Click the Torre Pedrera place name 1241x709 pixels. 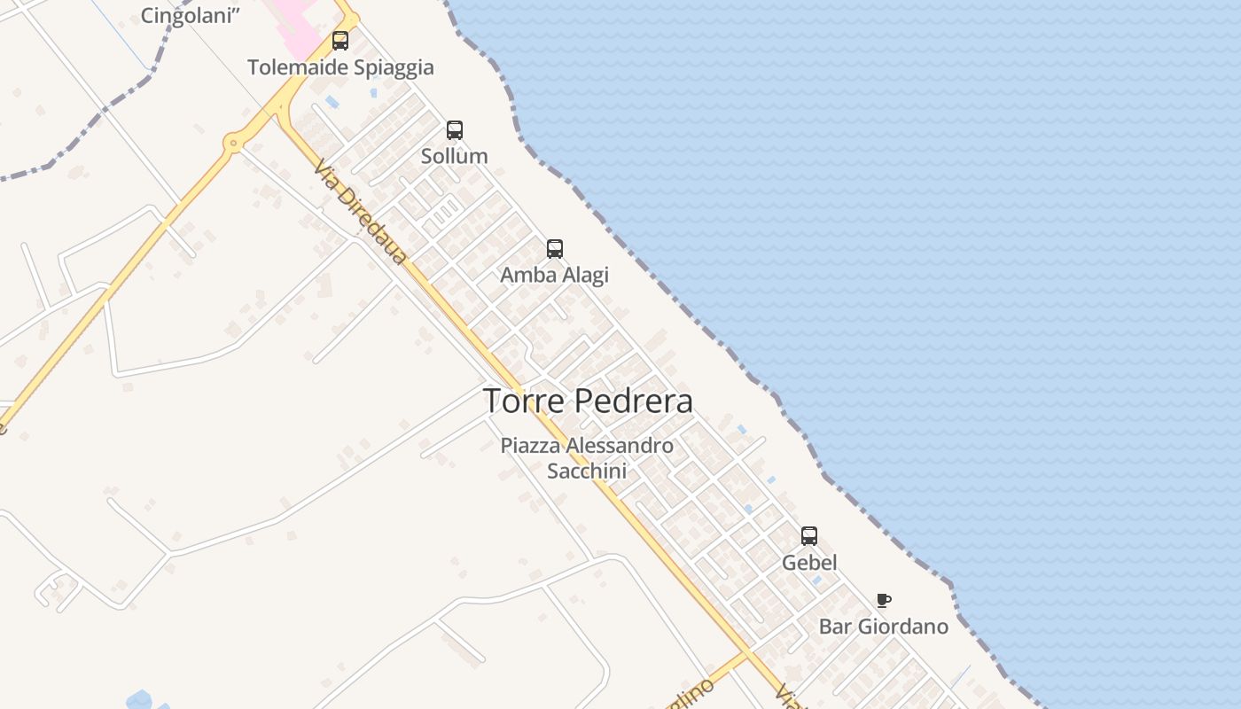tap(588, 401)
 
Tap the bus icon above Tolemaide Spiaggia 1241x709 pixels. tap(340, 41)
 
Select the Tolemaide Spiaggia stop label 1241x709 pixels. tap(340, 67)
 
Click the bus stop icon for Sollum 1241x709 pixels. tap(455, 130)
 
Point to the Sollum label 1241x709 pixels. tap(454, 156)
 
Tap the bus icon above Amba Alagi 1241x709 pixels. tap(555, 249)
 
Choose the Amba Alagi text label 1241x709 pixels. tap(554, 275)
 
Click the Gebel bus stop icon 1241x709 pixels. tap(809, 536)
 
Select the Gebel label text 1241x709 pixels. tap(809, 563)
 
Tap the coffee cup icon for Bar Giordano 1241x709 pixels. tap(883, 601)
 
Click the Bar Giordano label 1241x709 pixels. tap(883, 627)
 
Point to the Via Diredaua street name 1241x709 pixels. tap(361, 214)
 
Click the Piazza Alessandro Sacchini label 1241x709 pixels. tap(587, 458)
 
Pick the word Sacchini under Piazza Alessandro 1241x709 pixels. tap(587, 471)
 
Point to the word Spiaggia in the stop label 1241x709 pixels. tap(395, 67)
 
